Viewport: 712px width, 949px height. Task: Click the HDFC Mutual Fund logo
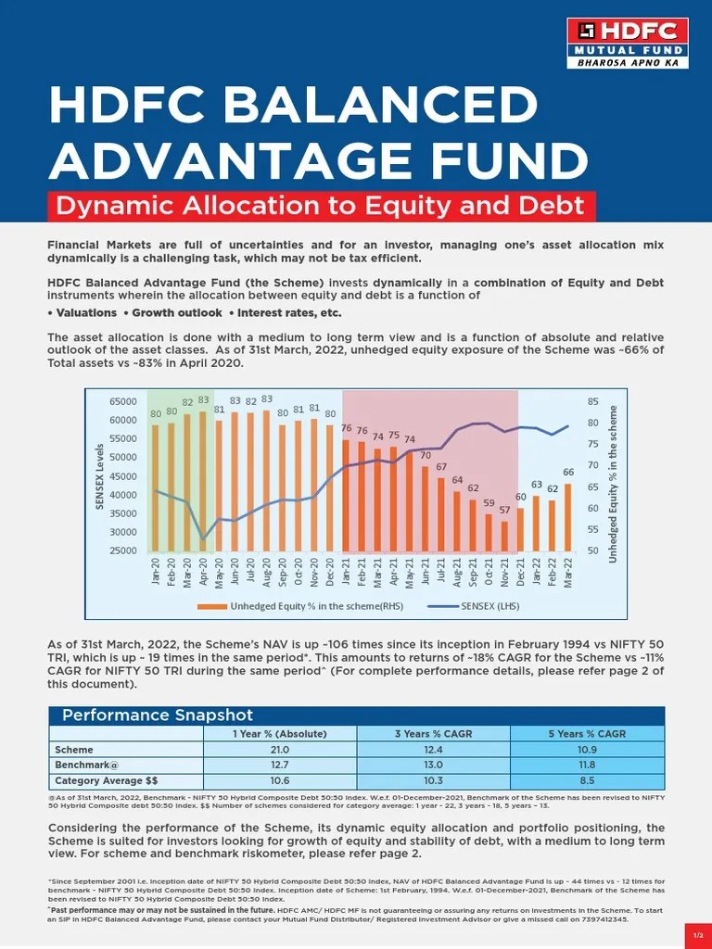click(x=627, y=44)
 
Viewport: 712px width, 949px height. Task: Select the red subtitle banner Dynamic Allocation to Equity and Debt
click(x=322, y=205)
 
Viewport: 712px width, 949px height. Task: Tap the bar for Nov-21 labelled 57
click(x=504, y=536)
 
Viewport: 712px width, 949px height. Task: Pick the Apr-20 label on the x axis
click(x=203, y=573)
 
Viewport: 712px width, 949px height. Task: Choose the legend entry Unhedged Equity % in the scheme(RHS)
click(x=297, y=607)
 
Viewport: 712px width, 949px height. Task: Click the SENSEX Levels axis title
click(x=100, y=476)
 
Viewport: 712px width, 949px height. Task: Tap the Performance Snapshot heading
click(x=157, y=715)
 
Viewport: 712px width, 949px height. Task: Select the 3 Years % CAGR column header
click(x=433, y=733)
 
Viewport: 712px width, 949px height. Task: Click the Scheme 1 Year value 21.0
click(x=279, y=749)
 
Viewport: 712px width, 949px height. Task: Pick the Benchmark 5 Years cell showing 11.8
click(x=587, y=765)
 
